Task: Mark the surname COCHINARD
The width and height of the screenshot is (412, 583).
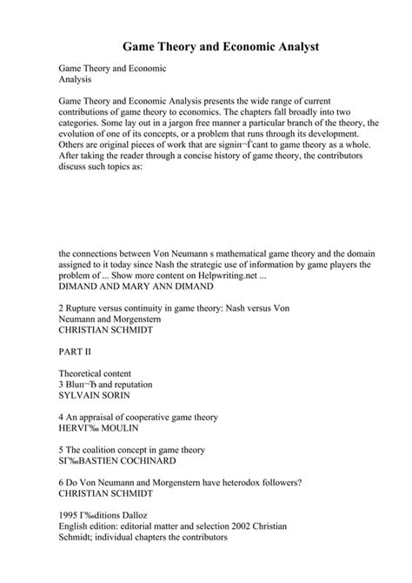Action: tap(135, 462)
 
